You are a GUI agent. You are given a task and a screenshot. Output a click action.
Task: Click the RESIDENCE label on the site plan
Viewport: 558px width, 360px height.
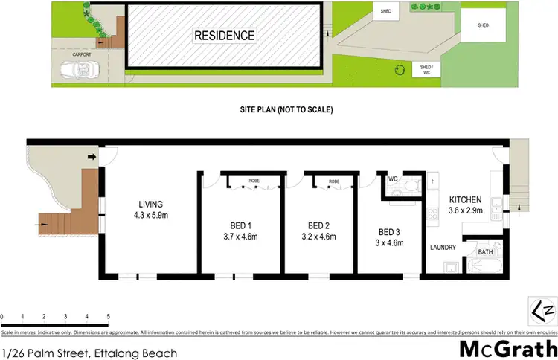click(x=224, y=35)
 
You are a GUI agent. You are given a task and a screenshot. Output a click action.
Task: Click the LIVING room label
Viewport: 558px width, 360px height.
click(x=150, y=205)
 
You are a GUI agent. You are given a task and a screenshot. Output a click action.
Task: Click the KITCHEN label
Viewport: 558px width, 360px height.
click(x=465, y=200)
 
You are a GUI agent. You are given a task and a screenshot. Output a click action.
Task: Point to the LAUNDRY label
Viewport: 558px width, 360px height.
click(x=442, y=248)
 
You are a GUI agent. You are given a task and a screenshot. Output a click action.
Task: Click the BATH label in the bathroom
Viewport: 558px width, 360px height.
click(x=485, y=252)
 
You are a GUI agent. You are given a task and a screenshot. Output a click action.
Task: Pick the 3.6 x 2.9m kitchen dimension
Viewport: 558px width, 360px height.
click(x=465, y=211)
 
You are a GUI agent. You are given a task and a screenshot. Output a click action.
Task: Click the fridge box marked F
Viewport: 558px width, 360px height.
click(x=432, y=180)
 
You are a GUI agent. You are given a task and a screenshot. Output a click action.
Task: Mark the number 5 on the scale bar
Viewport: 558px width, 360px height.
click(x=109, y=315)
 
